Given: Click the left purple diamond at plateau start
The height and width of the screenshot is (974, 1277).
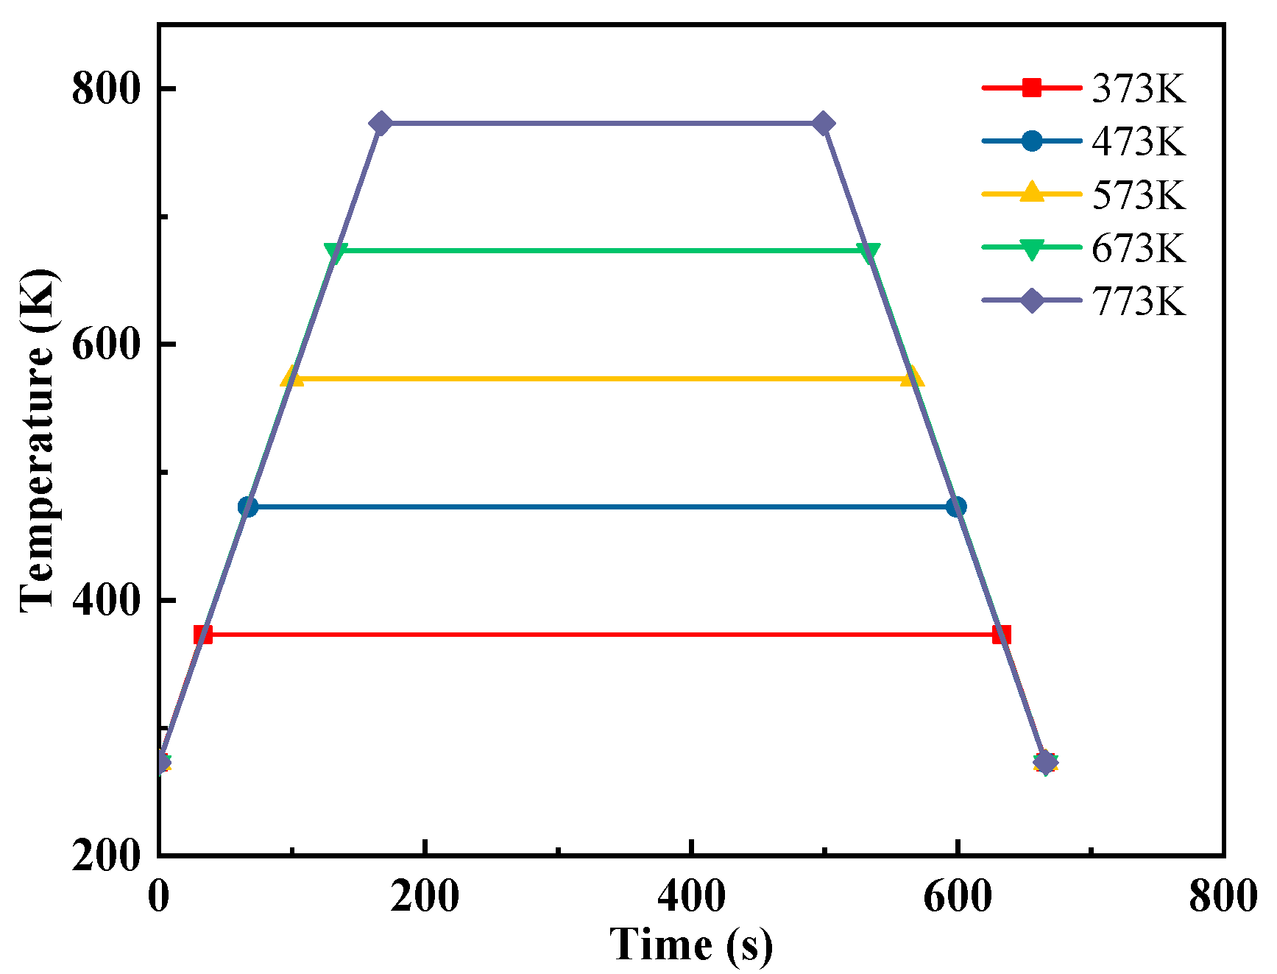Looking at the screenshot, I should point(381,124).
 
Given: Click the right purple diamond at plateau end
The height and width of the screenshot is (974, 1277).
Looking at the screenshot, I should point(824,124).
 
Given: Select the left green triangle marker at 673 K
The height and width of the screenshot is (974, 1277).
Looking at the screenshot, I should point(336,252).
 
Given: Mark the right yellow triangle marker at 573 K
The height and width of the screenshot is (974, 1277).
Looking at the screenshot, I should point(912,377).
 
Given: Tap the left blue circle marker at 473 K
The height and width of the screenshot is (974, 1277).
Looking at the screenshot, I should point(248,507).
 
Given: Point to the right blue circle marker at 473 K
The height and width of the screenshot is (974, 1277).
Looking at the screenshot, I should point(956,507).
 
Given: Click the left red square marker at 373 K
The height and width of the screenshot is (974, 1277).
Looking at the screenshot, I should point(203,635).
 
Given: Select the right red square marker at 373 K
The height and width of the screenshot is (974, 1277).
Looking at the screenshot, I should point(1001,635).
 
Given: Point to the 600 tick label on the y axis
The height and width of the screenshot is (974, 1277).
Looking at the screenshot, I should point(105,345).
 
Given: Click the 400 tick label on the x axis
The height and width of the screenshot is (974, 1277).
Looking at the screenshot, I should point(691,897).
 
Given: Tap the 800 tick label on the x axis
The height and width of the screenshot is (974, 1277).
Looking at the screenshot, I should point(1223,897).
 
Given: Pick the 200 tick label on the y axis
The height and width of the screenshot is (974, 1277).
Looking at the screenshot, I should point(105,855).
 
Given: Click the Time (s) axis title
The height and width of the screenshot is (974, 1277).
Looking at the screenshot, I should point(691,945).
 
